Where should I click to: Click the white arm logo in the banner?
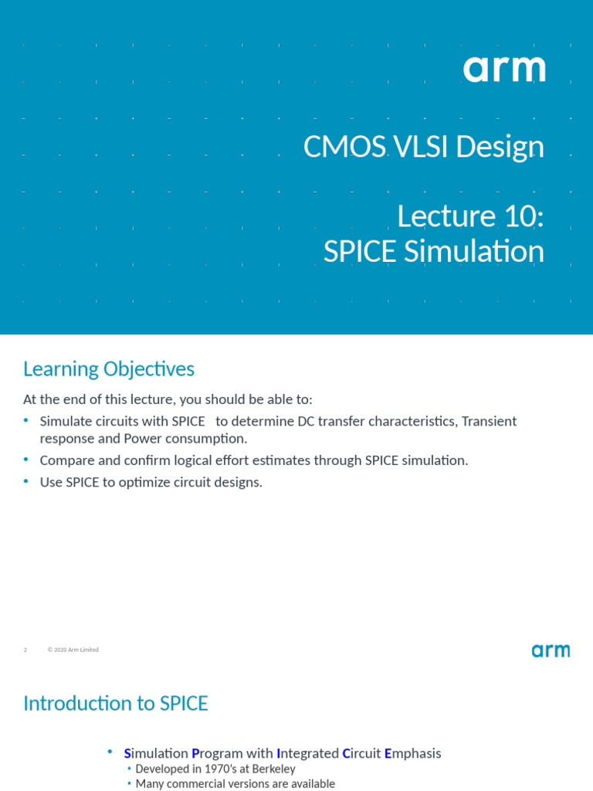504,70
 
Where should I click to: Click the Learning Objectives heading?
109,369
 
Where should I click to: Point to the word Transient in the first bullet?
488,421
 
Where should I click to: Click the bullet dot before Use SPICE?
25,481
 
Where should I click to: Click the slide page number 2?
25,650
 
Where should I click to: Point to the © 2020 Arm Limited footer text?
73,650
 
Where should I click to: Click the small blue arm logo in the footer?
551,650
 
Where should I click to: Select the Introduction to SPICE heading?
116,704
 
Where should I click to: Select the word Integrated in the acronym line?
307,753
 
